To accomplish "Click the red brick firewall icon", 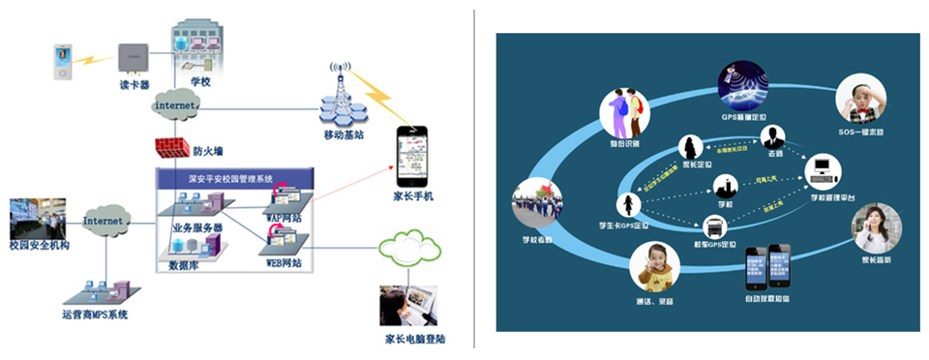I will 171,148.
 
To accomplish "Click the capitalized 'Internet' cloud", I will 104,221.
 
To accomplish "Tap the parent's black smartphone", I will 412,158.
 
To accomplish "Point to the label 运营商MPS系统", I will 94,315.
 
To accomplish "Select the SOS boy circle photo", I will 860,99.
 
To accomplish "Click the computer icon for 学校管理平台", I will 823,170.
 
